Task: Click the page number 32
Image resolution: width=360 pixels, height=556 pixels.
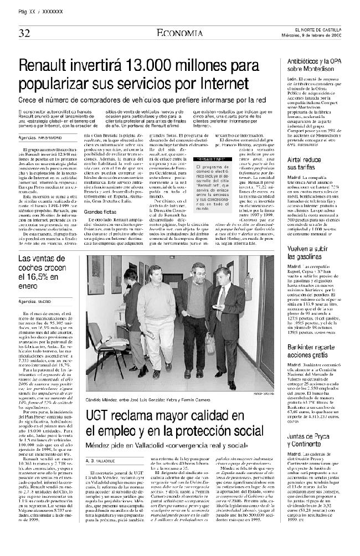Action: pyautogui.click(x=24, y=33)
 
